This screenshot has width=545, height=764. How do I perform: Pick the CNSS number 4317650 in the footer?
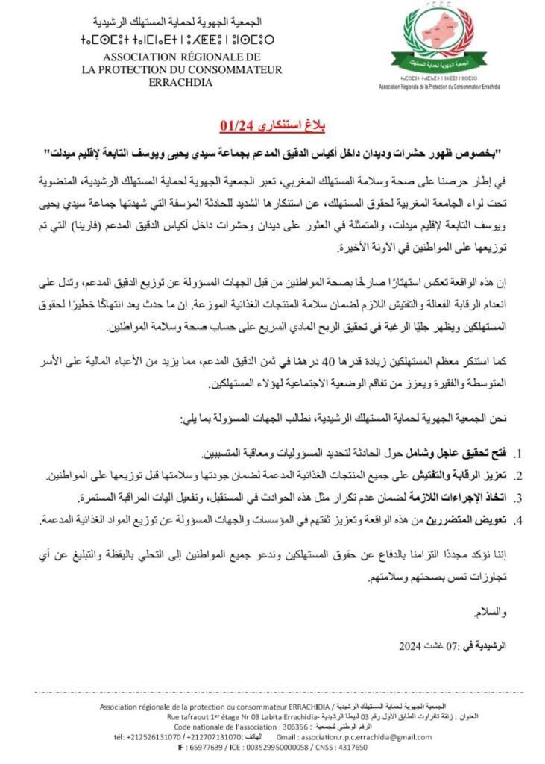[x=346, y=746]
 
